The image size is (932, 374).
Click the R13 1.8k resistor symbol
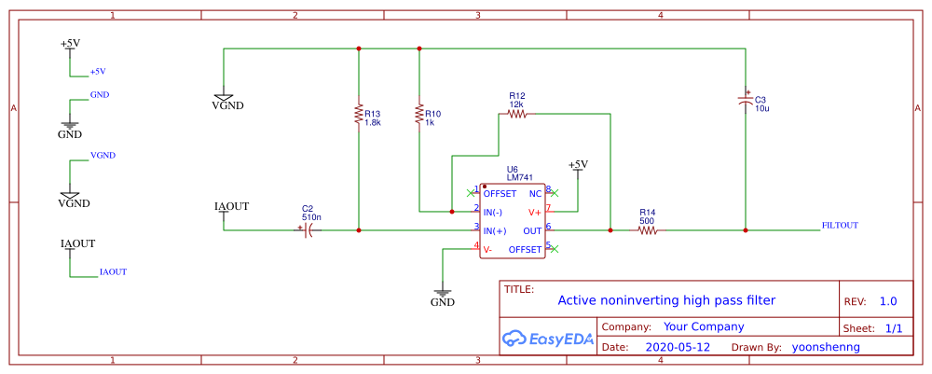pos(358,114)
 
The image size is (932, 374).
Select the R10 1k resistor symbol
pos(419,114)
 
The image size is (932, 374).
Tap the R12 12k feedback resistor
pos(516,114)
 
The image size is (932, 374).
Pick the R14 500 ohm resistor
pos(647,229)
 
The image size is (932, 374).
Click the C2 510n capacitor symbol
pos(308,229)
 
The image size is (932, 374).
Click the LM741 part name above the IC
pos(519,177)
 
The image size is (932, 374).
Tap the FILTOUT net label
pos(840,226)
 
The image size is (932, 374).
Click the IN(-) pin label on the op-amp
pos(495,212)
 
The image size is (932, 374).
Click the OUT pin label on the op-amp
pos(532,230)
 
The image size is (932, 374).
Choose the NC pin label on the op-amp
pos(535,193)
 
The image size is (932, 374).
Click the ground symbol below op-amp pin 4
pos(443,291)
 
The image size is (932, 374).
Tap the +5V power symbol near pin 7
pos(578,165)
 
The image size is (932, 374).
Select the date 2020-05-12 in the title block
pos(678,347)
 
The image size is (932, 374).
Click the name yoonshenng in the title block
pos(825,347)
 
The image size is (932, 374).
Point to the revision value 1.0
pos(887,301)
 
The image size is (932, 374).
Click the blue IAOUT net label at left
pos(113,272)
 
